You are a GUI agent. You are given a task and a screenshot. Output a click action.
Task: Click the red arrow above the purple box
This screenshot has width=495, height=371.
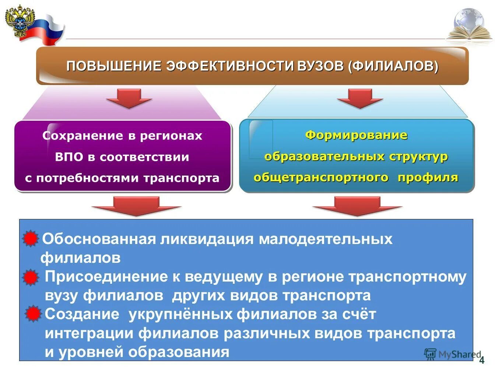click(129, 98)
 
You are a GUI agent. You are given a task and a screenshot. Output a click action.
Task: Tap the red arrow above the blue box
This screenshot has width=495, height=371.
click(360, 98)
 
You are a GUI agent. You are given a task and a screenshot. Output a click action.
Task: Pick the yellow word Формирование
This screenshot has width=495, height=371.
click(356, 135)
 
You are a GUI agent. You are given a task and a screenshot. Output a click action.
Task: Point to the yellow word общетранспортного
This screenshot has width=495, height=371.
click(321, 177)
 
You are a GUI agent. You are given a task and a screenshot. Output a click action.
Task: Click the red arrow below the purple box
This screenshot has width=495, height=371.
click(136, 206)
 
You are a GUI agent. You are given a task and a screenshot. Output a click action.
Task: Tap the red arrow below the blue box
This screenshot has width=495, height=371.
click(357, 206)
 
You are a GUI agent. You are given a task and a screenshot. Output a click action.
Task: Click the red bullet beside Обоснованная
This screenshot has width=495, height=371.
click(30, 239)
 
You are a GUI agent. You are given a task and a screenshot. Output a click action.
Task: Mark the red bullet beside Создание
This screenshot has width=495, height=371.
click(33, 314)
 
